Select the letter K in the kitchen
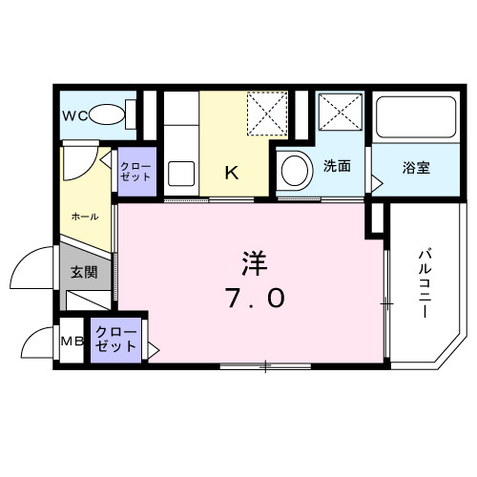point(231,172)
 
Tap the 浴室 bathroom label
point(415,168)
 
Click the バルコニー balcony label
point(425,283)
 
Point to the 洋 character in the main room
point(252,260)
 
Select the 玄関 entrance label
point(84,273)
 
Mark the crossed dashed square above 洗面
point(340,114)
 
